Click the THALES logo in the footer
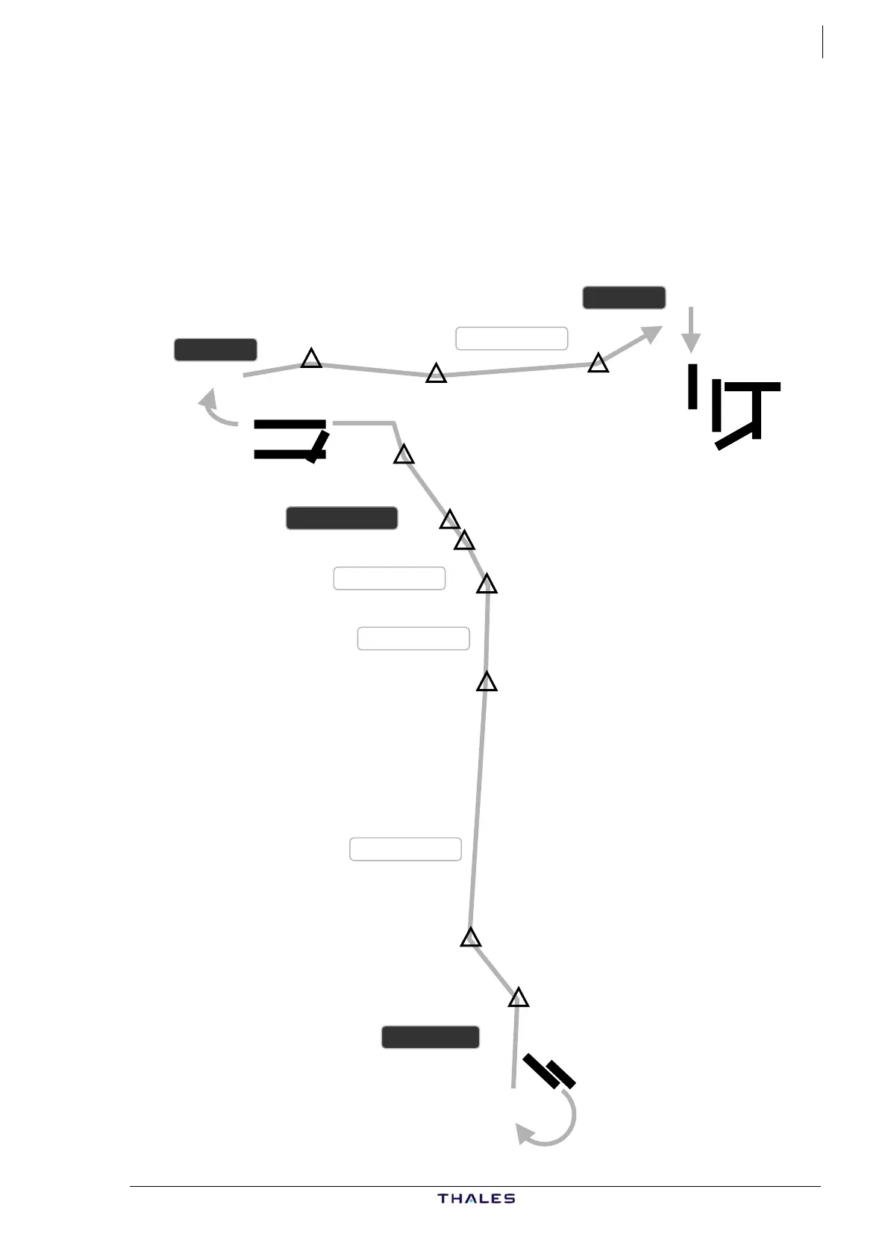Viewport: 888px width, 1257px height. [476, 1198]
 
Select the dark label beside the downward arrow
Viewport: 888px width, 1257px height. [624, 297]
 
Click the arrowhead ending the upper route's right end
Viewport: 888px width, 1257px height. [652, 334]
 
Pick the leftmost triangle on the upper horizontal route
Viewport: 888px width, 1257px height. [311, 359]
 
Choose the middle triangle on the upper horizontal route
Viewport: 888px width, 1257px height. [436, 374]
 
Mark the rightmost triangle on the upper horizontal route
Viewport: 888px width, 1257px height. [598, 364]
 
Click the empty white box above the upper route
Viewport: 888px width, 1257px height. [512, 338]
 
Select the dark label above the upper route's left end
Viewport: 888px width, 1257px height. [216, 349]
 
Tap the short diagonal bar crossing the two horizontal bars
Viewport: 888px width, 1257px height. [319, 446]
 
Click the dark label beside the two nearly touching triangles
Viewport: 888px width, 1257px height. [342, 518]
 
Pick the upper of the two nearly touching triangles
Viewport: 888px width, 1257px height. [449, 520]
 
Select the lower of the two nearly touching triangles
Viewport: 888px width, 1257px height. [464, 540]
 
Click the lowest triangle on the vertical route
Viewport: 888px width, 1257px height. [518, 998]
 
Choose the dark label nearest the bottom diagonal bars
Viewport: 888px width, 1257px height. [431, 1037]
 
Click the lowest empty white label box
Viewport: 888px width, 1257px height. [405, 849]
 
